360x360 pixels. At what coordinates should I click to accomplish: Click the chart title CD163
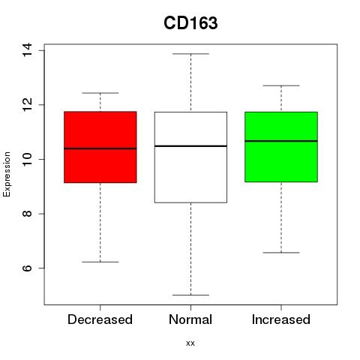(190, 23)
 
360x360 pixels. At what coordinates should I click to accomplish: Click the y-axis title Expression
(7, 174)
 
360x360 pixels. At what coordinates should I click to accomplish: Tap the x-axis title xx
(190, 343)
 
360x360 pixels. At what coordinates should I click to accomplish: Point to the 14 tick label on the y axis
(27, 50)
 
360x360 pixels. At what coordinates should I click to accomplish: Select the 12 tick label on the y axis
(27, 104)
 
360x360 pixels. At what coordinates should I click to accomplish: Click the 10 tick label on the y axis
(27, 159)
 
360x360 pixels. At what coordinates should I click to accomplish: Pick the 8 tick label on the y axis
(27, 214)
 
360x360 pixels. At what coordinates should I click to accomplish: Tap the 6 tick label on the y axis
(27, 268)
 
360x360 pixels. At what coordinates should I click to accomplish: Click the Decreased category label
(100, 319)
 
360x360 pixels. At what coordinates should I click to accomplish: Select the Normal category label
(190, 319)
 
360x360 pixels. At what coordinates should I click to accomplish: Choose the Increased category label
(281, 319)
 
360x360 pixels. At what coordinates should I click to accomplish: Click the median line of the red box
(100, 148)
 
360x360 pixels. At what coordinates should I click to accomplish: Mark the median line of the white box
(190, 145)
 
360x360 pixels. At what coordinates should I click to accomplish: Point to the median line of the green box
(281, 141)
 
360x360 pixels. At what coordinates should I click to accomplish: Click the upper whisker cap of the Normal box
(190, 54)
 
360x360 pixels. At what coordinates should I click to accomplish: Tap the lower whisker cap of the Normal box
(190, 295)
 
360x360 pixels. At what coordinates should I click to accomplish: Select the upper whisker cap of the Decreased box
(100, 93)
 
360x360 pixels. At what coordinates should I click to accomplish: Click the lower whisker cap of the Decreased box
(100, 262)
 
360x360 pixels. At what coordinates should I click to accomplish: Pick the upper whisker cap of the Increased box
(281, 85)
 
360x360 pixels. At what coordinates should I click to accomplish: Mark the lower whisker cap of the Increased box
(281, 253)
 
